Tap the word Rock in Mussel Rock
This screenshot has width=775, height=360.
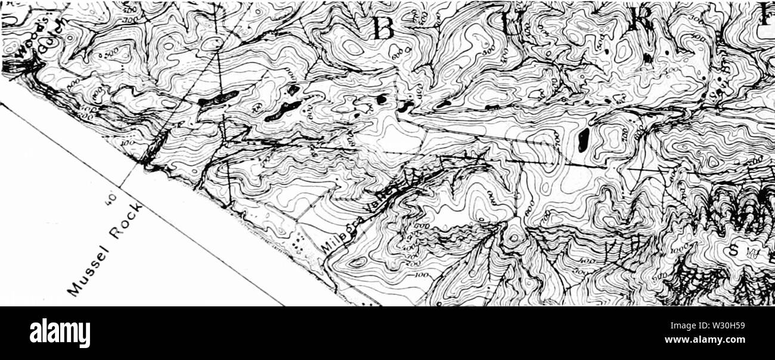tap(126, 224)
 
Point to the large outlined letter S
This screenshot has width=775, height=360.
tap(733, 250)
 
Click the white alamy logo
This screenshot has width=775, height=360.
tap(60, 333)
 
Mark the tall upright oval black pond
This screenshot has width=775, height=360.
tap(584, 138)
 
